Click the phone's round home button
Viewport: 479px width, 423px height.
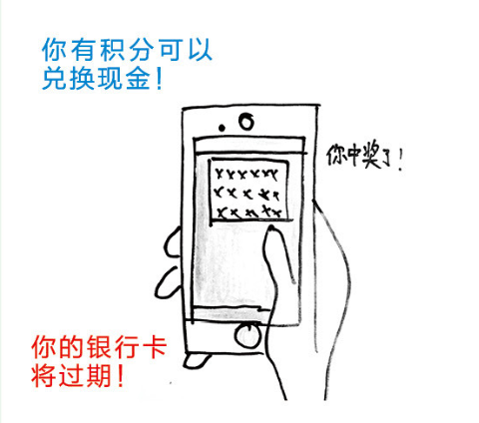click(x=248, y=335)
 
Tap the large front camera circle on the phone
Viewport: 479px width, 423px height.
click(x=246, y=122)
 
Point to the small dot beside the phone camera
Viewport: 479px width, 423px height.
click(x=222, y=128)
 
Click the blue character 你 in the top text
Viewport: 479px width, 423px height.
click(x=54, y=50)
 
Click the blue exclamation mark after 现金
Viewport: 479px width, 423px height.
click(x=159, y=79)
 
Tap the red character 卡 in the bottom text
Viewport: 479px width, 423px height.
click(x=154, y=347)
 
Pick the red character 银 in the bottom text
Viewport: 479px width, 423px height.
click(x=99, y=347)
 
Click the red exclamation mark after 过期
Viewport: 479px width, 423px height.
click(x=121, y=375)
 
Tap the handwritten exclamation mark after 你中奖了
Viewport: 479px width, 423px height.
click(x=401, y=160)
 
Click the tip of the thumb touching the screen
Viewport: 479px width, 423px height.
click(x=272, y=228)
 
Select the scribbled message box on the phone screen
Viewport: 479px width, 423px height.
click(x=249, y=190)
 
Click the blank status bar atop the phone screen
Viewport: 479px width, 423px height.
click(x=249, y=146)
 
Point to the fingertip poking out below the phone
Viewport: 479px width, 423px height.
click(x=197, y=360)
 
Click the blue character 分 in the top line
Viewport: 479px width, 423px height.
click(x=140, y=50)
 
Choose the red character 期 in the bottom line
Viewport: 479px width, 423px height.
click(x=99, y=375)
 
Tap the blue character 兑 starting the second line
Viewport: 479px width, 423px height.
click(x=54, y=79)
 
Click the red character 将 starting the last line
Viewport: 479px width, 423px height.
click(x=43, y=375)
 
